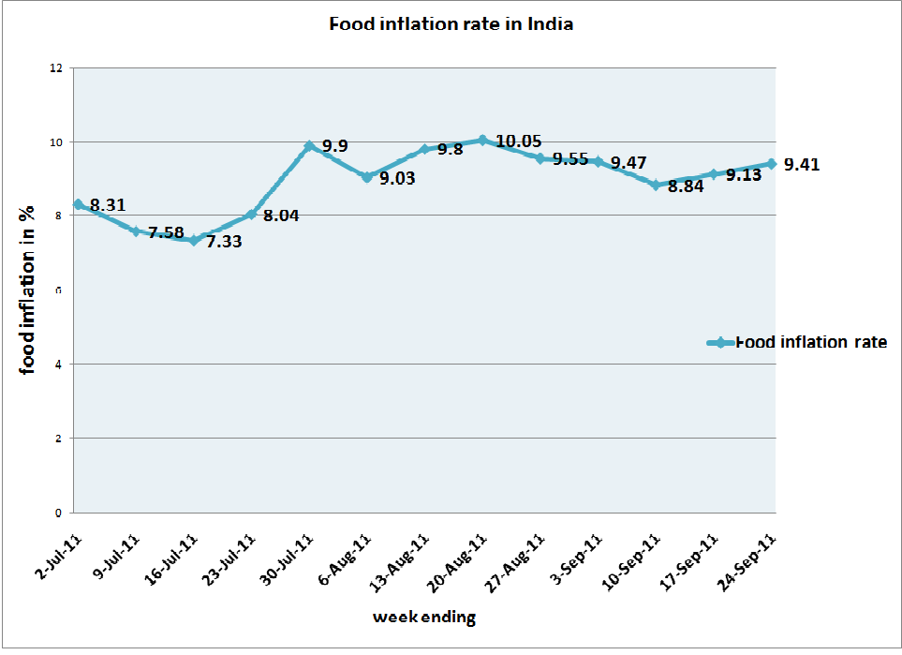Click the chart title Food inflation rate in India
pos(451,24)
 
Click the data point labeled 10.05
pos(482,140)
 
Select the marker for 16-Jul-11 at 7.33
pos(194,240)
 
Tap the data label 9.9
pos(335,146)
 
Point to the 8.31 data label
pos(107,204)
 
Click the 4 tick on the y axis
pos(59,364)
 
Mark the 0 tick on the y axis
pos(59,513)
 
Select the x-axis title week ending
pos(424,618)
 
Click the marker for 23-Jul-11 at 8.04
pos(251,214)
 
